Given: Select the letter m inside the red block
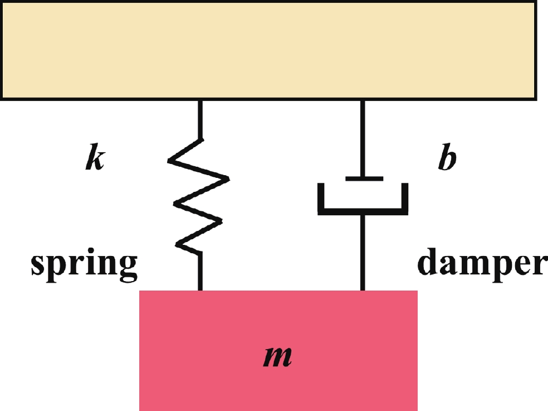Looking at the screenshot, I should (277, 357).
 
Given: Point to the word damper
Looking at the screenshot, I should (482, 263).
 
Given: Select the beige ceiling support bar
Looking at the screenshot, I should (267, 50).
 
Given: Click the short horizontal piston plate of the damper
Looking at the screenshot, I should (364, 178).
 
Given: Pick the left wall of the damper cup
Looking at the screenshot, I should (321, 198).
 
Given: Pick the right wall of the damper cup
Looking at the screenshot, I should (405, 198).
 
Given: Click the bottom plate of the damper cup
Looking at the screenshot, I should (363, 211).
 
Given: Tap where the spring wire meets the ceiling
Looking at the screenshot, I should (200, 101).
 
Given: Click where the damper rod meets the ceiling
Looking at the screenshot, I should (363, 101).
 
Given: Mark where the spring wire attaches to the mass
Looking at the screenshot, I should (200, 290).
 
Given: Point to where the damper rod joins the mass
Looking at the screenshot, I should (363, 290).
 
